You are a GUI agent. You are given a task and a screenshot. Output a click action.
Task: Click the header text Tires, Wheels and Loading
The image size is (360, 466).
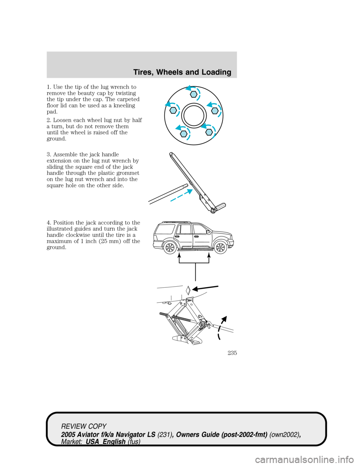[182, 72]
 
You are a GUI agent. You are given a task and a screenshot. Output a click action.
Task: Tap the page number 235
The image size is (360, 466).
[232, 353]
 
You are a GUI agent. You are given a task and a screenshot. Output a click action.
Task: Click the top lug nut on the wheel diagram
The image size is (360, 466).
[193, 94]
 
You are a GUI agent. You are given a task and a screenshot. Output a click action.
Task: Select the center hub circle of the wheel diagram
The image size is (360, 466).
[193, 116]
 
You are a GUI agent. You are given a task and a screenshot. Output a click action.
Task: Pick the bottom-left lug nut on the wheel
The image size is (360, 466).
[183, 133]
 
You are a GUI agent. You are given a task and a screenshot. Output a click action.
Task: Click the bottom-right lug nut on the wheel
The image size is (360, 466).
[209, 131]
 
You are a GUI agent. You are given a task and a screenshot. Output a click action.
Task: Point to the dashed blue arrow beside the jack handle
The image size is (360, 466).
[182, 195]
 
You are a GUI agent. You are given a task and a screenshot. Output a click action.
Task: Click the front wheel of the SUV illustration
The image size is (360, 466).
[220, 248]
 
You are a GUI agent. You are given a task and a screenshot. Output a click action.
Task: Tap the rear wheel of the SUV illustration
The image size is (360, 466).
[169, 248]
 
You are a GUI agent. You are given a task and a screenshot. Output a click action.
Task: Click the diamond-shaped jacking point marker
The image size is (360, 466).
[188, 290]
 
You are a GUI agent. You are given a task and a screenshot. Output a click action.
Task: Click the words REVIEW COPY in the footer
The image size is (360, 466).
[84, 426]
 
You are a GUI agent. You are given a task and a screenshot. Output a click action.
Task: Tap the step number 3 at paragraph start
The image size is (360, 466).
[48, 155]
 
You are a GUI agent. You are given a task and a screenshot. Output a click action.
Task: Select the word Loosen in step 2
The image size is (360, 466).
[63, 120]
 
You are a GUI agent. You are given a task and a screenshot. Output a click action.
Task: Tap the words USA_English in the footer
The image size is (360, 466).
[105, 441]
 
